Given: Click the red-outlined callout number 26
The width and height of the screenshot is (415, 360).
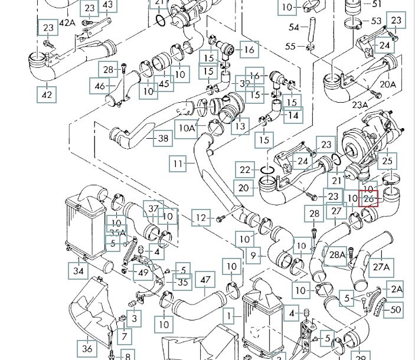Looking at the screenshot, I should [369, 199].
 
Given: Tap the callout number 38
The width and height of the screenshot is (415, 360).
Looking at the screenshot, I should [163, 139].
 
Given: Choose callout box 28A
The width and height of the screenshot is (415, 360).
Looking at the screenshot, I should [337, 255].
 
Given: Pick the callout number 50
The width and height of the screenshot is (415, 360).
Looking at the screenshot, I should [396, 309].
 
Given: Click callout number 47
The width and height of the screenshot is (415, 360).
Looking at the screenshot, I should [205, 280].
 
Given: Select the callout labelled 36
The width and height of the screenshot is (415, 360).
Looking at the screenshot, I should [87, 348].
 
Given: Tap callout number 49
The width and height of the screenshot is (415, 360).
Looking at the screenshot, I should [142, 272].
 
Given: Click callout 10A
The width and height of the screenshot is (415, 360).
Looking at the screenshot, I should [187, 127].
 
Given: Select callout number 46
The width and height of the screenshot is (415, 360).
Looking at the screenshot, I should [99, 87].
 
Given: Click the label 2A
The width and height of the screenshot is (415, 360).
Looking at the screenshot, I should [396, 289].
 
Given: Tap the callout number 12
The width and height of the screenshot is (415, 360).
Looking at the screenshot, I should [202, 218].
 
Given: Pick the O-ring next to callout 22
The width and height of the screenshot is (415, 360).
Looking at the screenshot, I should [267, 171].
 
